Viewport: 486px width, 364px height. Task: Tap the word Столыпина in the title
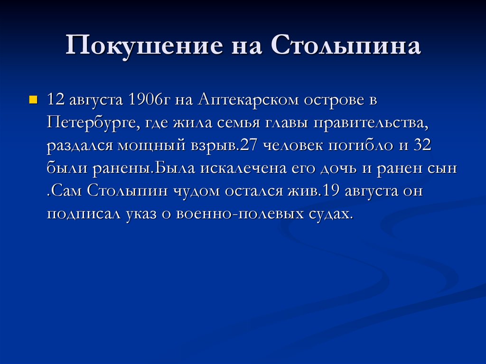[346, 47]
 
